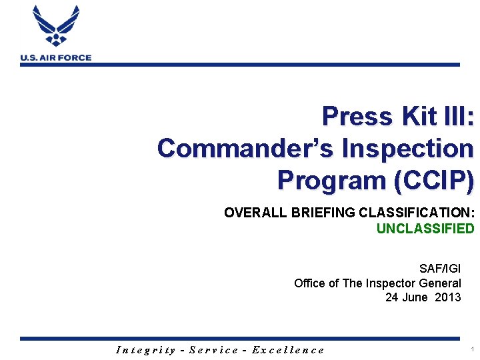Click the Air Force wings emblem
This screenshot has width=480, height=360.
coord(56,27)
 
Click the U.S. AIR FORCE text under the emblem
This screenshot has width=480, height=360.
coord(56,58)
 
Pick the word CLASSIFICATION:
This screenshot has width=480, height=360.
coord(417,213)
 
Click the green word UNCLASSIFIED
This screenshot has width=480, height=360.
coord(425,229)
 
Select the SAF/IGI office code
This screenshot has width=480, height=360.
coord(439,269)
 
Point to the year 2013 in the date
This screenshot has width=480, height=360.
coord(447,297)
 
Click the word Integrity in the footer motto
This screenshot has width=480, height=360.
coord(146,349)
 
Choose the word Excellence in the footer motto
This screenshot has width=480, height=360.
coord(288,349)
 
